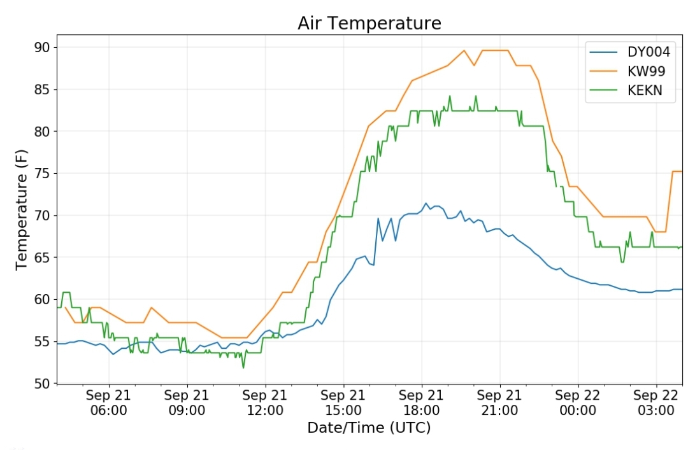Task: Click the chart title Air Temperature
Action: [369, 23]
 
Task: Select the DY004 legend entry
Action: [629, 52]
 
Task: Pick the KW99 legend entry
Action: [627, 71]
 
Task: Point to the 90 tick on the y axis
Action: [42, 47]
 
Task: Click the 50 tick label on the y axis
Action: [42, 384]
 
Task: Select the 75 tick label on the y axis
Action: [42, 174]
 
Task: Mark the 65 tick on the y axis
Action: [42, 257]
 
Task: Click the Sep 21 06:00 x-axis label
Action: [108, 403]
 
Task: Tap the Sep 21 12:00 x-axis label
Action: [264, 403]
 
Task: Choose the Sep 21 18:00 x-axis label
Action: [421, 403]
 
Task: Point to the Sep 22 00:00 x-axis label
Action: [577, 403]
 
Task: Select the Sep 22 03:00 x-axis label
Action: [656, 403]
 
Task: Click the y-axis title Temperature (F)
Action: [21, 209]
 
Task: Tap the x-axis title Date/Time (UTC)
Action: [369, 428]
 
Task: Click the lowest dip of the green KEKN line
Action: [243, 367]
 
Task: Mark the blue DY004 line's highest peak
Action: [425, 204]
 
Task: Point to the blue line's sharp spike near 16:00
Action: [378, 219]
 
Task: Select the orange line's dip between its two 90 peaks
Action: [473, 66]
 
